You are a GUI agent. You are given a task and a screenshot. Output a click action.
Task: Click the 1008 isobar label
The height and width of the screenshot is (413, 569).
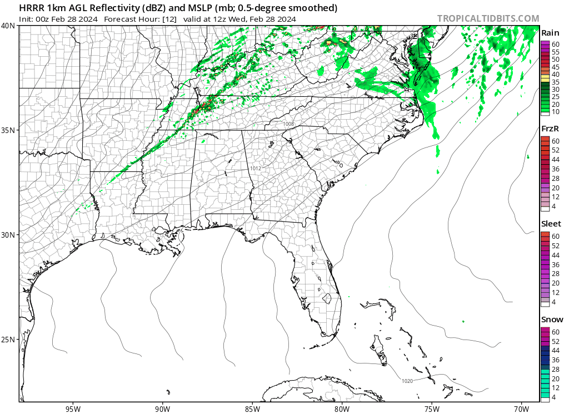pos(288,124)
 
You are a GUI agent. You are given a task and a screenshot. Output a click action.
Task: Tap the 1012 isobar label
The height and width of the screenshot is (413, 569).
pos(256,168)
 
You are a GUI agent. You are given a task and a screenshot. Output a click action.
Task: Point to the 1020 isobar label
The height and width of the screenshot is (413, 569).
pos(407,381)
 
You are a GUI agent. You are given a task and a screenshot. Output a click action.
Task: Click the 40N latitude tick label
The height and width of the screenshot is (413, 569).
pos(8,26)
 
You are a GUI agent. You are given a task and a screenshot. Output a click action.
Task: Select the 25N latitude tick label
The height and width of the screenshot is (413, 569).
pos(8,340)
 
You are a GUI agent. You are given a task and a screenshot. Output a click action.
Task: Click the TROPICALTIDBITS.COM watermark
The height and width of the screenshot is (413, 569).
pos(488,18)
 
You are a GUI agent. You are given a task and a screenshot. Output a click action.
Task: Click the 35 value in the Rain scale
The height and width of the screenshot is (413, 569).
pos(556,82)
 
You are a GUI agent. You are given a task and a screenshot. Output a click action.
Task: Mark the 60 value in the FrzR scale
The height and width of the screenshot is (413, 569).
pos(556,141)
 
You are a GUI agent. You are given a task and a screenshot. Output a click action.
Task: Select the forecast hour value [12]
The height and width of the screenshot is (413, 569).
pos(169,19)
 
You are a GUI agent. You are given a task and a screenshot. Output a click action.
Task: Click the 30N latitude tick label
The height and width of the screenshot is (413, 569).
pos(8,235)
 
